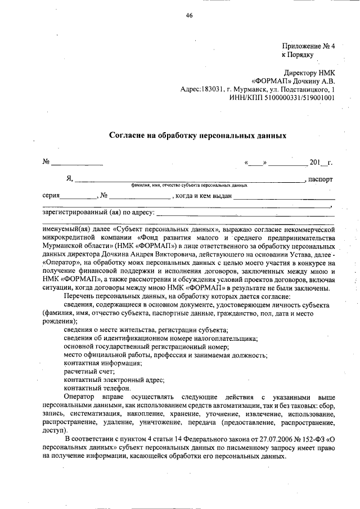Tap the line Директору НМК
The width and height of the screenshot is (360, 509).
[x=309, y=73]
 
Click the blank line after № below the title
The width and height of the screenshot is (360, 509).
[x=77, y=163]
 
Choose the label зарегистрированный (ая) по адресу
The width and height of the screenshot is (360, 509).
[x=97, y=213]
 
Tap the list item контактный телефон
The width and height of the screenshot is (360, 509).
[x=97, y=388]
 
